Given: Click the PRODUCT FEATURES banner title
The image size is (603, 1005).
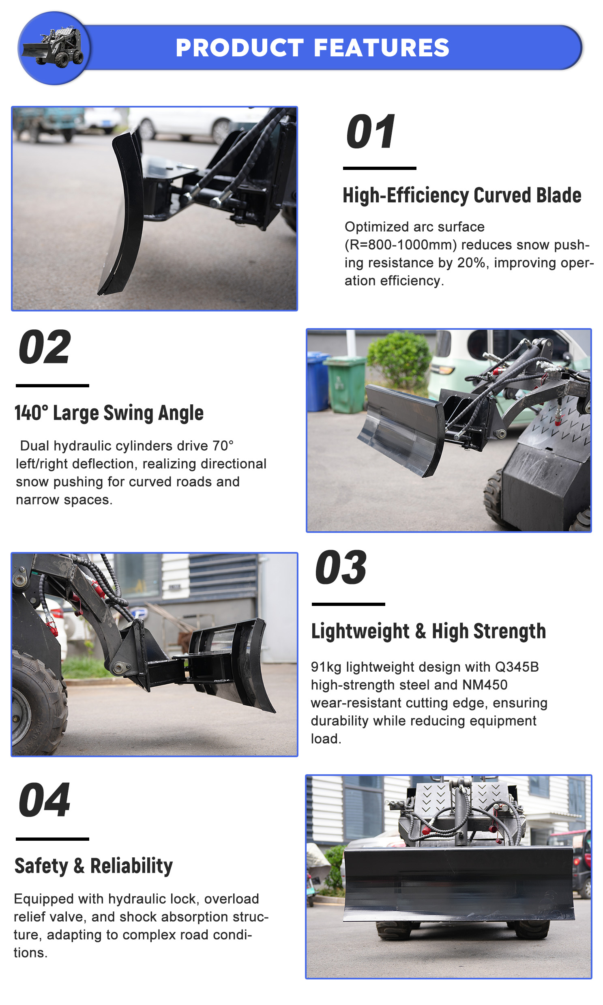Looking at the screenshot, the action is (x=313, y=47).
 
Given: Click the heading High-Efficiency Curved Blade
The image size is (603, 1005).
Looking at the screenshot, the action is (x=462, y=195).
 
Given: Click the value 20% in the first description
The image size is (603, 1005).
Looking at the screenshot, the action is (x=472, y=262).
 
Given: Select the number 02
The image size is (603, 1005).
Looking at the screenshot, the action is (x=45, y=347).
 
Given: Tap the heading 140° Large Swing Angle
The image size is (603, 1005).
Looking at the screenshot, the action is (x=109, y=413).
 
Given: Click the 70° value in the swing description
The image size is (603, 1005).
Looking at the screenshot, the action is (x=223, y=445).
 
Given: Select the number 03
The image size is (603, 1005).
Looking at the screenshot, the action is (x=341, y=567).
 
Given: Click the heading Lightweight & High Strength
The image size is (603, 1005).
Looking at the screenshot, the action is (x=429, y=631).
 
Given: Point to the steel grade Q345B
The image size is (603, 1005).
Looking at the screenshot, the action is (x=517, y=667).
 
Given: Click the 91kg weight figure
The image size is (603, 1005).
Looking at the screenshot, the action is (x=326, y=667).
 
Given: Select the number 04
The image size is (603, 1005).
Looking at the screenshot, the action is (x=44, y=800).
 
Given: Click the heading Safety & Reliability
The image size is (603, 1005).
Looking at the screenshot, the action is (x=94, y=865).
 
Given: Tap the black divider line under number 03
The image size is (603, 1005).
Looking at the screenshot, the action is (x=348, y=604).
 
